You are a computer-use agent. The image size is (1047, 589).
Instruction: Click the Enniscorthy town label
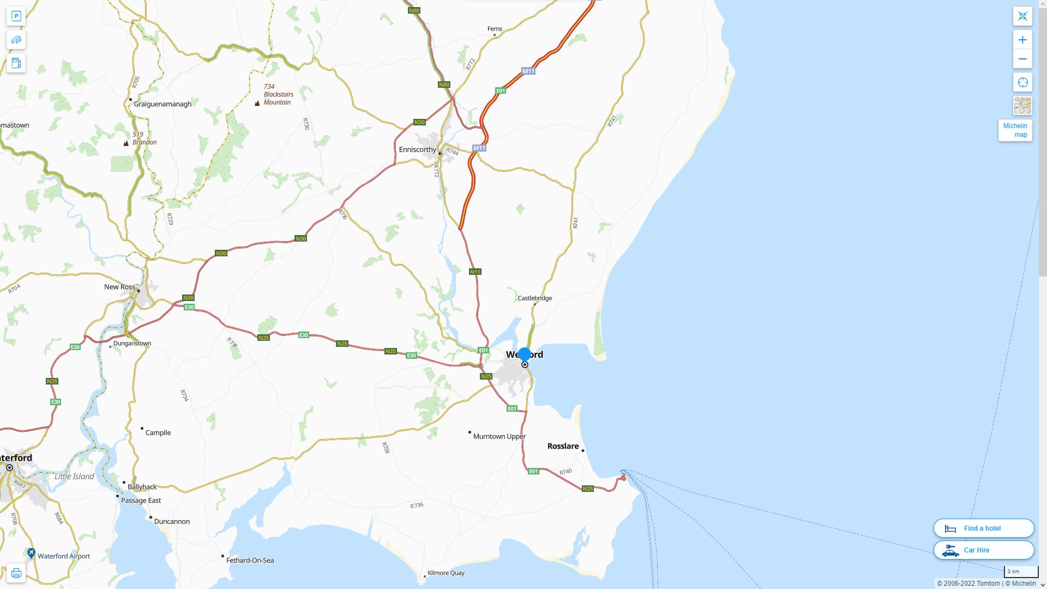pos(417,149)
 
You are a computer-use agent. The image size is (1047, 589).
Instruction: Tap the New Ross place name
pos(119,287)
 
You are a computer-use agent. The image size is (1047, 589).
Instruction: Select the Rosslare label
pos(563,446)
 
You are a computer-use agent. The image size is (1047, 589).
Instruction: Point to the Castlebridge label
pos(534,298)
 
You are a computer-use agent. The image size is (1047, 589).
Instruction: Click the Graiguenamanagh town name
pos(163,104)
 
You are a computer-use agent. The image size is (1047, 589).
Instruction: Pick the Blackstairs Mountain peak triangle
pos(257,103)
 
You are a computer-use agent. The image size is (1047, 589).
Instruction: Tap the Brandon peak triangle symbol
pos(126,143)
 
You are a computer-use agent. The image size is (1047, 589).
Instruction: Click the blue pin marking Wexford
pos(525,355)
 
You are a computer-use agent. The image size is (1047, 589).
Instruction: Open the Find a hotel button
pos(983,528)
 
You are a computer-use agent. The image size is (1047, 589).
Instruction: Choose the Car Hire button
pos(983,550)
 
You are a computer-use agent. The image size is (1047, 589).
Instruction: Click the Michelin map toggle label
pos(1015,130)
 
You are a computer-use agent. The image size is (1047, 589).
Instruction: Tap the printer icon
pos(16,573)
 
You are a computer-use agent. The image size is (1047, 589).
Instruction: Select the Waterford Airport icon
pos(31,553)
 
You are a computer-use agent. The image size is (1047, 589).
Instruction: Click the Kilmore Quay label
pos(446,573)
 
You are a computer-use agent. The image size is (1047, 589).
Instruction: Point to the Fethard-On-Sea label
pos(250,560)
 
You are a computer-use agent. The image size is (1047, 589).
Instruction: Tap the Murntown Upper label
pos(499,436)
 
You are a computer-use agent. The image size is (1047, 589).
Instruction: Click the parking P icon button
pos(16,16)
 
